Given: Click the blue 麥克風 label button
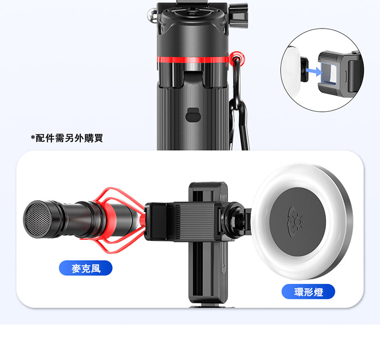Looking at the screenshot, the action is click(x=85, y=268).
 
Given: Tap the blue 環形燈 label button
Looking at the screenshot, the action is click(x=308, y=292).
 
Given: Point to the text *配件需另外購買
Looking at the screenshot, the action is click(x=67, y=138).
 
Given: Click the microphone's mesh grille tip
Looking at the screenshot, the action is click(x=37, y=219).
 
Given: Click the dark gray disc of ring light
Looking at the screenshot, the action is click(x=298, y=222).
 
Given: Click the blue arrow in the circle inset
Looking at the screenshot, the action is click(x=314, y=71).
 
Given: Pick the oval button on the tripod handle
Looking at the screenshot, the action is click(x=193, y=115).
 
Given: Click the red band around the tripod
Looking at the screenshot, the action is click(x=193, y=59).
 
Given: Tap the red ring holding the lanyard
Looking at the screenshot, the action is click(x=237, y=58).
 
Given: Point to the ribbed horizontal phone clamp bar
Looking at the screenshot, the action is click(x=194, y=221).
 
